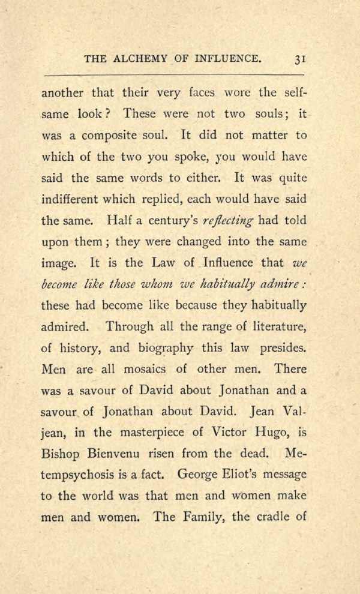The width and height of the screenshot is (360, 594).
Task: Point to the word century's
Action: click(x=164, y=220)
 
